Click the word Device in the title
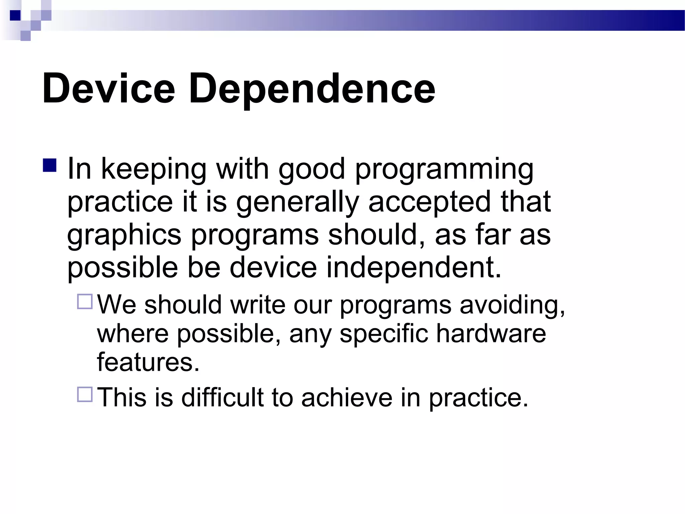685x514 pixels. coord(108,89)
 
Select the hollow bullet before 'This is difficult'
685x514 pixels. coord(85,394)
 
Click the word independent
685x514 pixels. coord(413,267)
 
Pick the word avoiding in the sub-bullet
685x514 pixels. coord(512,305)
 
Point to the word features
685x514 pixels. coord(148,362)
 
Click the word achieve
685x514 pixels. coord(347,398)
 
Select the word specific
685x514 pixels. coord(384,334)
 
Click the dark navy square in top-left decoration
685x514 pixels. coord(15,15)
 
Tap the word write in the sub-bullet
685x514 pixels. coord(258,305)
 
